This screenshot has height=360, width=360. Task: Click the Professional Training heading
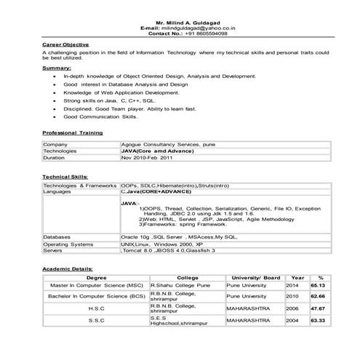click(x=72, y=133)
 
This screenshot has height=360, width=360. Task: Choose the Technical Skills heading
click(x=65, y=176)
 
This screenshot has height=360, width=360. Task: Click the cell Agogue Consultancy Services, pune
click(x=168, y=145)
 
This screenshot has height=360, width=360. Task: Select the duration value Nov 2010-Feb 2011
click(x=148, y=157)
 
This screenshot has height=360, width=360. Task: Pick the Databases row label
click(x=57, y=237)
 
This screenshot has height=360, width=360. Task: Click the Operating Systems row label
click(x=68, y=244)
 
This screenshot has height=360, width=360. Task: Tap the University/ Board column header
click(x=255, y=278)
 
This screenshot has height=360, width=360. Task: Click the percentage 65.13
click(x=316, y=286)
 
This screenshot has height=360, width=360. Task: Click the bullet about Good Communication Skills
click(x=100, y=116)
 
